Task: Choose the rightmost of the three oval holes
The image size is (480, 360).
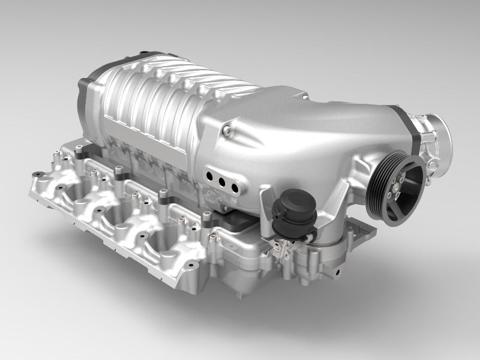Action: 235,183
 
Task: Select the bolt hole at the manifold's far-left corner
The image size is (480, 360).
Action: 37,175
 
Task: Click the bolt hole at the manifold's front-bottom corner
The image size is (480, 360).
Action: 191,263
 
